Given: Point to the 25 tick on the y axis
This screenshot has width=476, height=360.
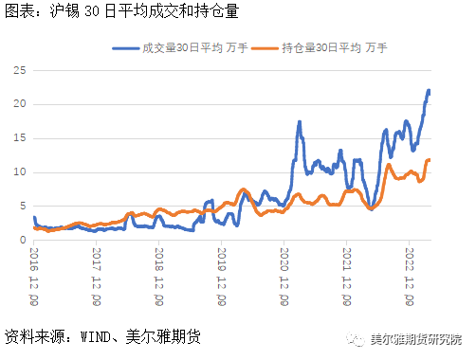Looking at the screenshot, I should [x=18, y=70].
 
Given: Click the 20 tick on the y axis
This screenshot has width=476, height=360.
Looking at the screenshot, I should [x=18, y=104].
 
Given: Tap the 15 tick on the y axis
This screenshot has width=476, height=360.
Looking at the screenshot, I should [x=18, y=138].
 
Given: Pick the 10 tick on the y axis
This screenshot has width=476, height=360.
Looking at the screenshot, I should [x=18, y=172].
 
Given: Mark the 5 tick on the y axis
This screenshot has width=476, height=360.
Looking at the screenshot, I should [x=21, y=207].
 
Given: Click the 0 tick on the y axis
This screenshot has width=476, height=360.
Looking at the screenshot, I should [x=21, y=241].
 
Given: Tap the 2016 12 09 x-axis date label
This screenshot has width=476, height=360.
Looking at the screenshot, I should [x=35, y=278].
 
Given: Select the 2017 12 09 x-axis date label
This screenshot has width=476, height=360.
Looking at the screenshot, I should [x=98, y=278].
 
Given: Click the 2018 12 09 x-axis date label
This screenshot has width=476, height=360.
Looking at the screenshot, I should [x=159, y=278].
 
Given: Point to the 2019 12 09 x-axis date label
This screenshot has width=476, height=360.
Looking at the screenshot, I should [x=222, y=278].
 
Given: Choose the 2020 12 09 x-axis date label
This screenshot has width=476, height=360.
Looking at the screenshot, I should [x=284, y=278].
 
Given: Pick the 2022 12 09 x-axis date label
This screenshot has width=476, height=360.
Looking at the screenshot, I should [x=409, y=278].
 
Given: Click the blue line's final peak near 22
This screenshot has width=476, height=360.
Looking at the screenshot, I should [x=429, y=91].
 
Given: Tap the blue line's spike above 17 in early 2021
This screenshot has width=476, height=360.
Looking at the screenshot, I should [x=300, y=122].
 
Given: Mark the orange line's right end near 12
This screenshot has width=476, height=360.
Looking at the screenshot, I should [x=430, y=160].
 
